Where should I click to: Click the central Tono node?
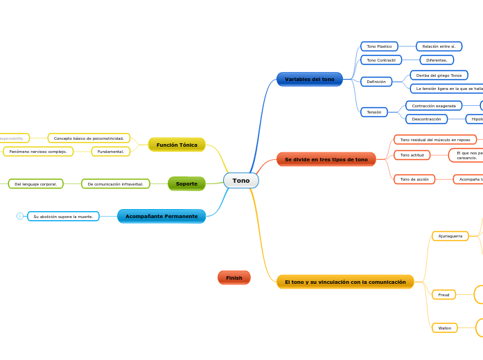(240, 181)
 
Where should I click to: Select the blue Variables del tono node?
(309, 80)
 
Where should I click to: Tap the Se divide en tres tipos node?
(326, 159)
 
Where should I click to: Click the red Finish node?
(234, 278)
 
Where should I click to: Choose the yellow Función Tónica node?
(177, 145)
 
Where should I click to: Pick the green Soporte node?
(186, 183)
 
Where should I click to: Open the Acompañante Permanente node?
(161, 216)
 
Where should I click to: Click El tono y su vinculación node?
(344, 282)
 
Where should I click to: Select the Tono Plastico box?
(379, 46)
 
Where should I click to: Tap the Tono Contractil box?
(380, 60)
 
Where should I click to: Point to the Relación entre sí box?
(439, 46)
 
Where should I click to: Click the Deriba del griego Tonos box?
(439, 75)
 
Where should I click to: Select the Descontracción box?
(426, 119)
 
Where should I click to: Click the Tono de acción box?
(414, 179)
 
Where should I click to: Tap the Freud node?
(444, 295)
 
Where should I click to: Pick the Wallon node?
(444, 328)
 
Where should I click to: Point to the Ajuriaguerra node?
(450, 236)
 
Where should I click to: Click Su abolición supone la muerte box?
(63, 217)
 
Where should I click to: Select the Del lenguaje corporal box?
(35, 184)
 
